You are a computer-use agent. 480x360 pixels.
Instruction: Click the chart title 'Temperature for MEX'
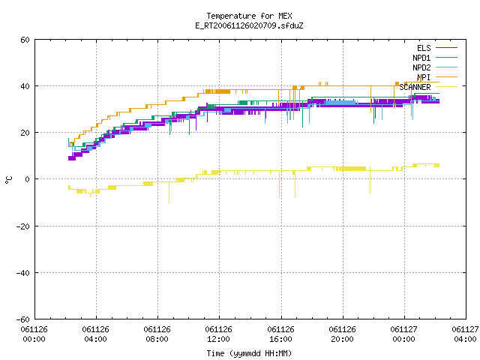[x=249, y=16]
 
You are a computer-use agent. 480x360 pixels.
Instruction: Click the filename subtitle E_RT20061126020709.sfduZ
[x=249, y=25]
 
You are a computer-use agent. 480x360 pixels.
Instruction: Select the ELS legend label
[x=424, y=48]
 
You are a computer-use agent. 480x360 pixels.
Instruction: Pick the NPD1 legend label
[x=421, y=58]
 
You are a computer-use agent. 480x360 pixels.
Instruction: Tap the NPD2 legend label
[x=421, y=67]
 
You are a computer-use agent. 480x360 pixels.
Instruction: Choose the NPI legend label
[x=424, y=77]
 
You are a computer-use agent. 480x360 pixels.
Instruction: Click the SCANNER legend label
[x=415, y=87]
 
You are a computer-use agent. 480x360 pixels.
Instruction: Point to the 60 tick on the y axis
[x=25, y=40]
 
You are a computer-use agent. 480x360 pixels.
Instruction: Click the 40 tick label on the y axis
[x=25, y=86]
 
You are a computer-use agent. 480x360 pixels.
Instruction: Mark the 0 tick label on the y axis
[x=27, y=179]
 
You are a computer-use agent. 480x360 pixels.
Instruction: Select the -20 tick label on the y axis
[x=23, y=226]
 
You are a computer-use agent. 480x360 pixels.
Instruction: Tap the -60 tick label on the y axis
[x=23, y=319]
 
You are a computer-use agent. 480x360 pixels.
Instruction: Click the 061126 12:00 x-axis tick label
[x=218, y=334]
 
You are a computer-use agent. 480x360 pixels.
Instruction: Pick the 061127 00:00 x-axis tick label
[x=403, y=334]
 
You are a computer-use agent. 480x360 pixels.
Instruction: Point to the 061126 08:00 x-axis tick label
[x=157, y=334]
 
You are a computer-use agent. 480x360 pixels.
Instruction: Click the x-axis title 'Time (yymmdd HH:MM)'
[x=249, y=353]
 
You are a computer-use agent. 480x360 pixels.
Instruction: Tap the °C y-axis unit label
[x=9, y=180]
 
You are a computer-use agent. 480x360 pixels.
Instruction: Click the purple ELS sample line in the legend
[x=446, y=48]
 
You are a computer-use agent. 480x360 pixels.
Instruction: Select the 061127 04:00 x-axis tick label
[x=465, y=334]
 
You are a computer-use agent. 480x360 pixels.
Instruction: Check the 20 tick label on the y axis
[x=25, y=133]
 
